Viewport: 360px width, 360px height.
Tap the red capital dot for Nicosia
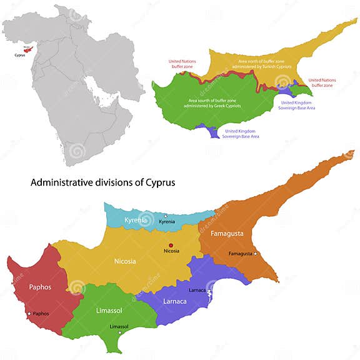tap(171, 244)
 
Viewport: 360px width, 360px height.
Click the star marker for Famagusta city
tap(255, 253)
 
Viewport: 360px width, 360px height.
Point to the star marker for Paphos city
tap(29, 314)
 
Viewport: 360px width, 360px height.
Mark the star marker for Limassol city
tap(120, 332)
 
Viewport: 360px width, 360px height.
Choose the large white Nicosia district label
tap(125, 261)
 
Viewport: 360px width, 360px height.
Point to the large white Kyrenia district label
tap(136, 220)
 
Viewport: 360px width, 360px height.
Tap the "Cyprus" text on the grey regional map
tap(21, 55)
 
